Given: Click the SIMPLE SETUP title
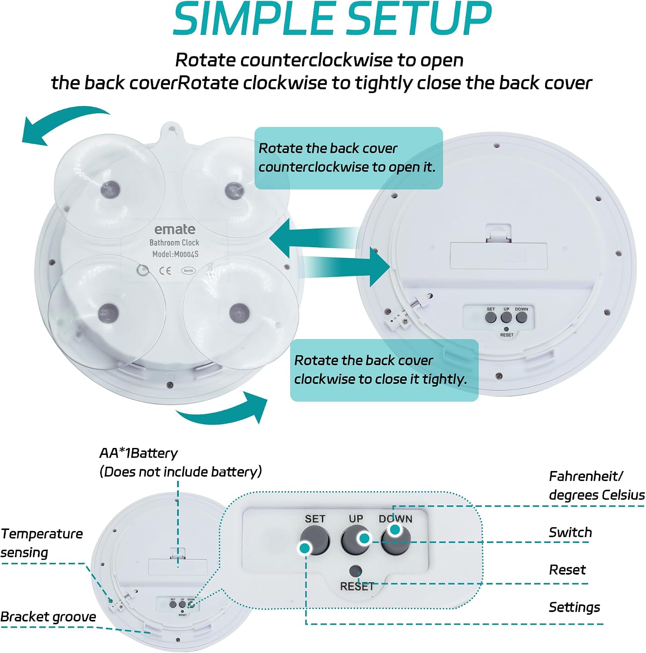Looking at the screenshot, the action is pyautogui.click(x=332, y=19).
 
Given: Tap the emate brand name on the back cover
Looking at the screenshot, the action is pyautogui.click(x=175, y=229).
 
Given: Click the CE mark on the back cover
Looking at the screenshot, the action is pyautogui.click(x=165, y=271).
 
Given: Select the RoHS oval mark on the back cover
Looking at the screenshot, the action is pyautogui.click(x=188, y=271).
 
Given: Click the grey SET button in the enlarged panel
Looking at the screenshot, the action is pyautogui.click(x=315, y=540).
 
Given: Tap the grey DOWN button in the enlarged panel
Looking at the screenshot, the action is pyautogui.click(x=395, y=540).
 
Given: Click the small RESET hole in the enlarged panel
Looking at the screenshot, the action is pyautogui.click(x=356, y=571).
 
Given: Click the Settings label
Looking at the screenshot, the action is pyautogui.click(x=574, y=607).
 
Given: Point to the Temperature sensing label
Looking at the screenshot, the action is pyautogui.click(x=42, y=543).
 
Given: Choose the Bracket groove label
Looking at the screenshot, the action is pyautogui.click(x=48, y=617).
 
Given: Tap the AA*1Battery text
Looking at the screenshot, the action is pyautogui.click(x=138, y=453).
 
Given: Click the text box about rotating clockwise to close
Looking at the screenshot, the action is pyautogui.click(x=384, y=370).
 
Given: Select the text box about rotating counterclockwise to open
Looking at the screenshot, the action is pyautogui.click(x=348, y=158).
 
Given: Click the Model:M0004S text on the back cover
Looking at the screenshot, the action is pyautogui.click(x=175, y=254).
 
